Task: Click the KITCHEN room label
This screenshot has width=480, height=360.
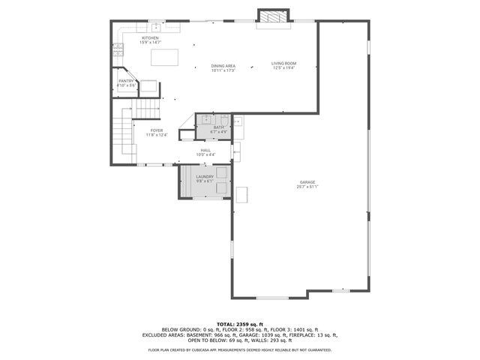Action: pos(150,37)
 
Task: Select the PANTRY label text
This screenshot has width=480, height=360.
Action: pos(126,81)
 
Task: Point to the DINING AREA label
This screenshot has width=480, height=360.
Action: pos(223,66)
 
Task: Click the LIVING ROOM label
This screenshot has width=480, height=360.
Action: pos(284,63)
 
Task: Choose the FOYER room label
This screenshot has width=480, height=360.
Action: pos(156,130)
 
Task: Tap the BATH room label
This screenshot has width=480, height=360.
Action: pos(218,127)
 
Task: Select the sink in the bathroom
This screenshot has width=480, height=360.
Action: pos(205,120)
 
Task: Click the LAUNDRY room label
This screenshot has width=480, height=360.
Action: pos(205,177)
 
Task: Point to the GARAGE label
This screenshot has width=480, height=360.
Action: pos(307,182)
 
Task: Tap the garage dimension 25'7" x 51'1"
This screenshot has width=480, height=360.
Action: pos(307,187)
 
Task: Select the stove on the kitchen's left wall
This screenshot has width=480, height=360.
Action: pos(118,51)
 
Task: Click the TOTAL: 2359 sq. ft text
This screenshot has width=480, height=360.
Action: pos(240,322)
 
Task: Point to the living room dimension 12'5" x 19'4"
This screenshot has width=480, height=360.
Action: pos(284,67)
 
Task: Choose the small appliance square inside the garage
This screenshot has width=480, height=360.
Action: pos(243,195)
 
